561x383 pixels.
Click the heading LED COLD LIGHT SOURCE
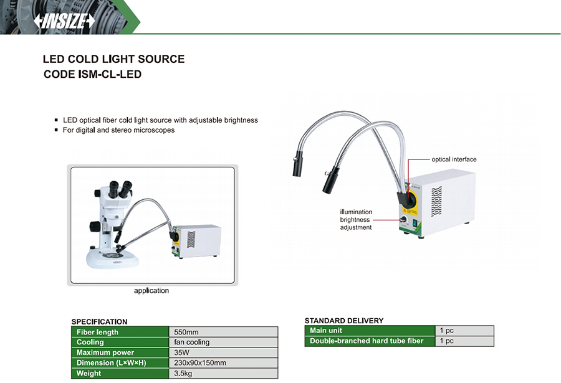tap(113, 59)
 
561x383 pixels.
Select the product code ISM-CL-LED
tap(93, 75)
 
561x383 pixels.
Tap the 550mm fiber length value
tap(186, 332)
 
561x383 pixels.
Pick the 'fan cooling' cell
tap(192, 342)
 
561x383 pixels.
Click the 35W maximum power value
tap(183, 352)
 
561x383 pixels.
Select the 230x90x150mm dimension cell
tap(200, 362)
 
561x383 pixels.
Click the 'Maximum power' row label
tap(105, 352)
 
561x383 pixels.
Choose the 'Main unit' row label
tap(327, 330)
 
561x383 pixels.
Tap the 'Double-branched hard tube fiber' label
tap(367, 341)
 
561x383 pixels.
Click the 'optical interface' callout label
tap(454, 159)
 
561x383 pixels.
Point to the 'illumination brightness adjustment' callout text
tap(356, 219)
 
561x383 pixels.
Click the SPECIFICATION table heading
tap(99, 322)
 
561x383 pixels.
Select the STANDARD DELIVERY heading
tap(343, 321)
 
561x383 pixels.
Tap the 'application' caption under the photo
tap(151, 290)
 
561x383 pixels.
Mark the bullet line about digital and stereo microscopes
tap(118, 130)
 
